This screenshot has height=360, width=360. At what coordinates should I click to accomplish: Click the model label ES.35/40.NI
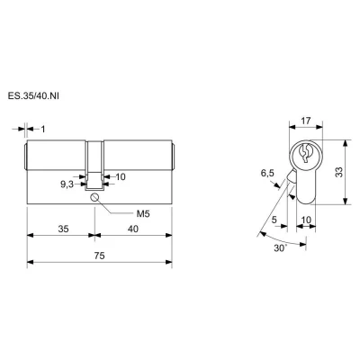[x=33, y=96]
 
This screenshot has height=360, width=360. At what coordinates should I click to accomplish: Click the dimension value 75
[x=99, y=256]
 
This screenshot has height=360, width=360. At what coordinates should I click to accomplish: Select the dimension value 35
[x=63, y=229]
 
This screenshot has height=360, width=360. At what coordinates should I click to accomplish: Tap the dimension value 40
[x=133, y=229]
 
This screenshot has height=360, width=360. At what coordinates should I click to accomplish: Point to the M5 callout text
[x=143, y=214]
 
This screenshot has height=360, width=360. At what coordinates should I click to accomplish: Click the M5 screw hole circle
[x=94, y=197]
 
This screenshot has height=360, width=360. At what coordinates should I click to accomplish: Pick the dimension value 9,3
[x=67, y=184]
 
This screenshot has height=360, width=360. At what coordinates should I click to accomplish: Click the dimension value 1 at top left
[x=43, y=130]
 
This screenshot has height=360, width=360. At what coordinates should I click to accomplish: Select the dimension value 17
[x=305, y=121]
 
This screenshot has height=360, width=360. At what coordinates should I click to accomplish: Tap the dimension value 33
[x=338, y=172]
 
